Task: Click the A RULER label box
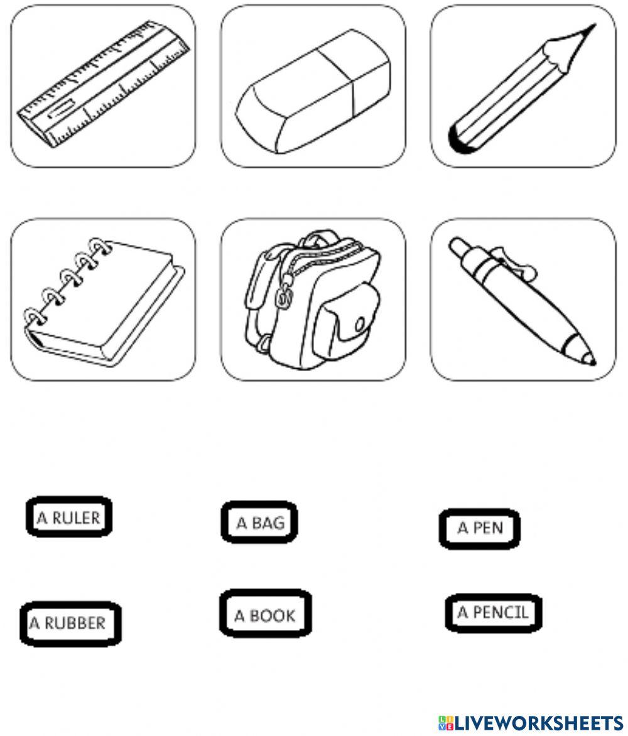69,517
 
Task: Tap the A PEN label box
480,529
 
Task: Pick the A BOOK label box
265,614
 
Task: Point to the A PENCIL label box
492,612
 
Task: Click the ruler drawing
104,85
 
